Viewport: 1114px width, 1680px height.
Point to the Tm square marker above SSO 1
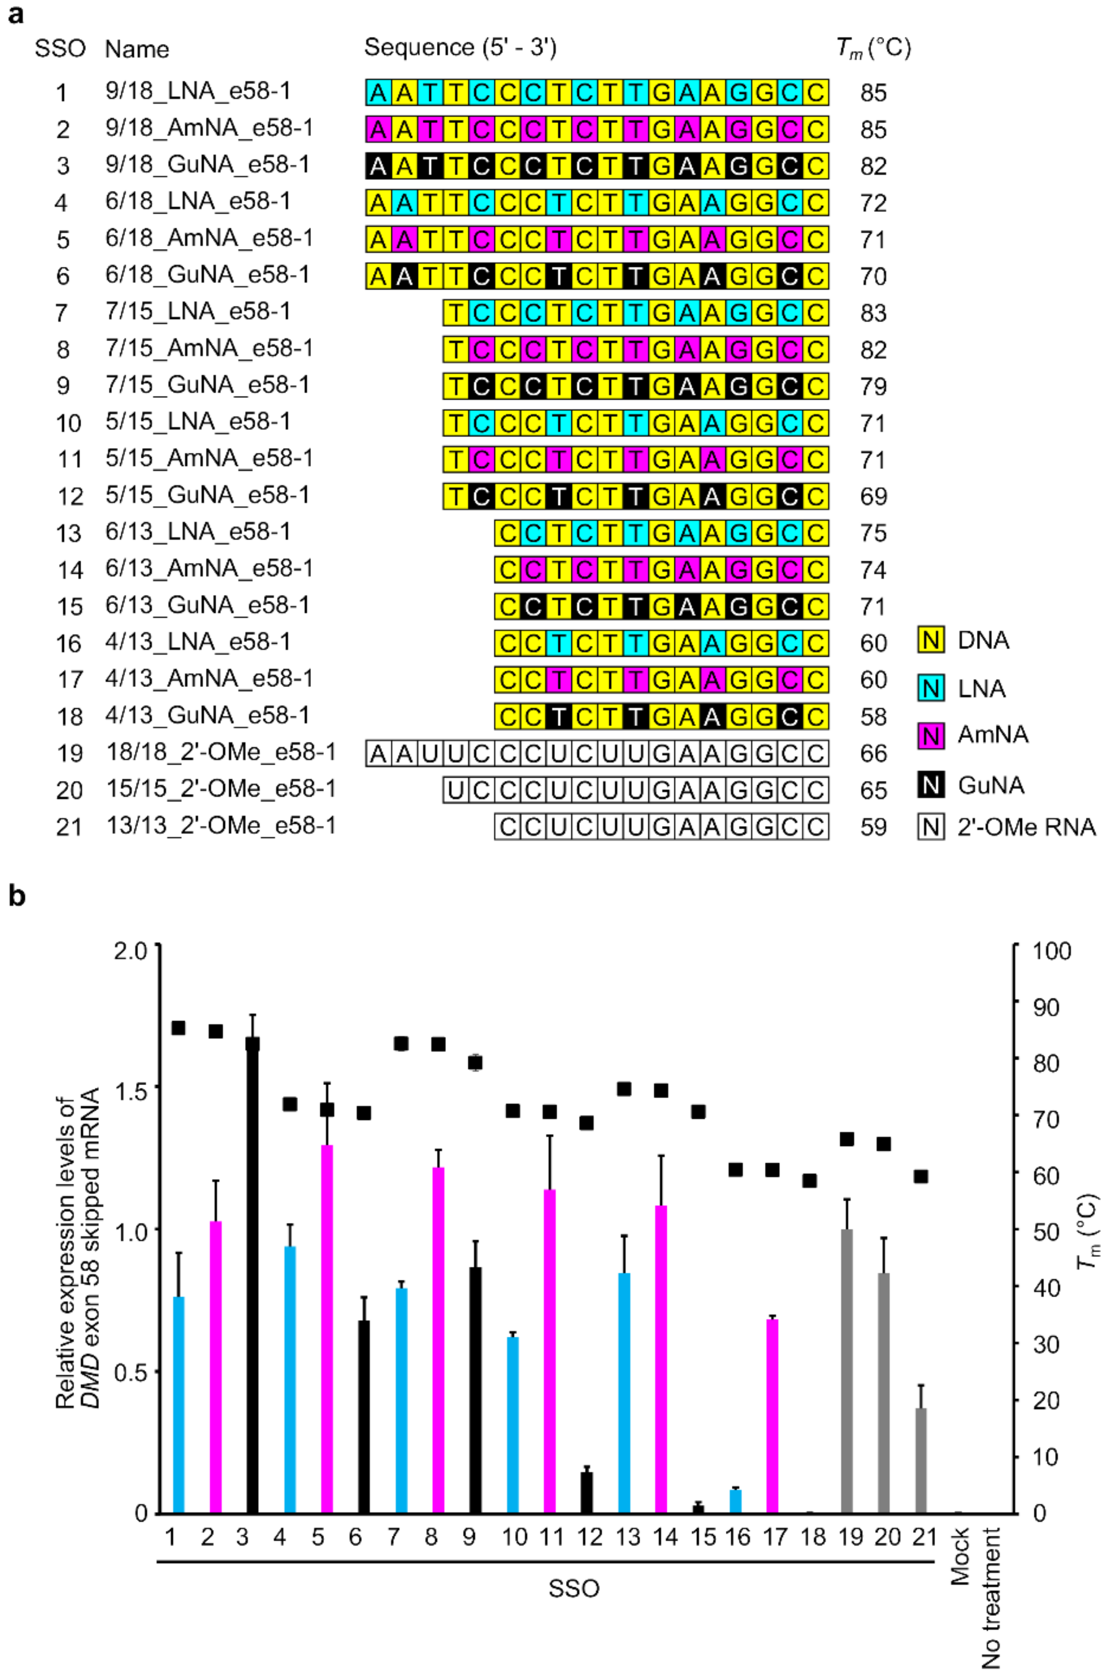point(179,1028)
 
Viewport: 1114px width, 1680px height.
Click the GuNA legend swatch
point(931,784)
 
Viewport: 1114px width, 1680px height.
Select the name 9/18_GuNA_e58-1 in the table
point(208,165)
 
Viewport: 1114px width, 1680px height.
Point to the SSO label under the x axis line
point(573,1588)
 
